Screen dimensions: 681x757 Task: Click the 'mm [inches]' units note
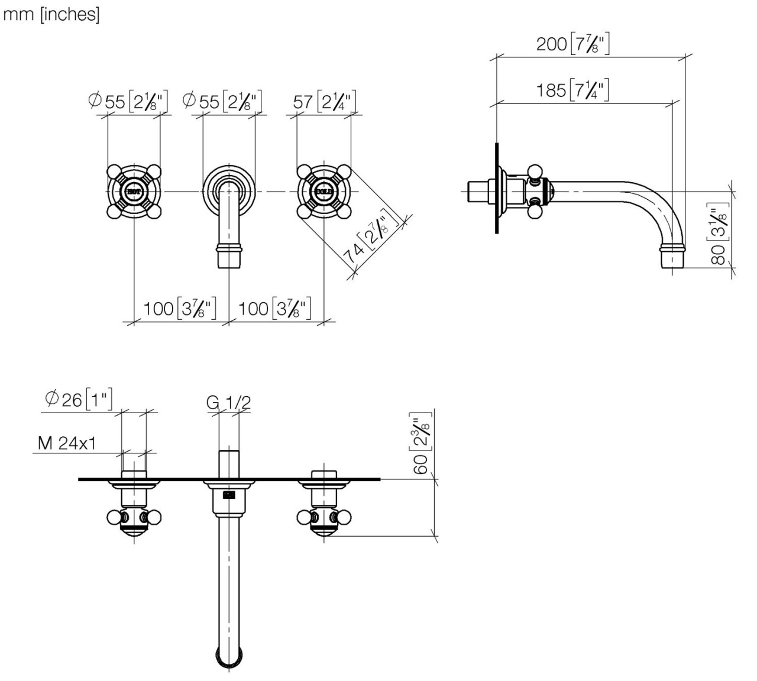[51, 15]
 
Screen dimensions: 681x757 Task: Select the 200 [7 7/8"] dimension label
[572, 44]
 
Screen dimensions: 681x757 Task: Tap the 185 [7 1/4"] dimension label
[572, 90]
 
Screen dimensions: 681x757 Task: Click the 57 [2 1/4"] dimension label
[325, 102]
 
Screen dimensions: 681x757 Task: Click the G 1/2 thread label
[228, 403]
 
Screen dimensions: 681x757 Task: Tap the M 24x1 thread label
[66, 443]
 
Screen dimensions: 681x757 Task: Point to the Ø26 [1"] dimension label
[79, 400]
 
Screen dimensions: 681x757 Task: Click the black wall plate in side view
[497, 188]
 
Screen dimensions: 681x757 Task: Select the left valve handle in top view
[134, 518]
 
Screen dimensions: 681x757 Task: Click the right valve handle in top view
[323, 518]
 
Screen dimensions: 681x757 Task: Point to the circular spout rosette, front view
[229, 188]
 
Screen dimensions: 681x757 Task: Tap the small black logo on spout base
[229, 495]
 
